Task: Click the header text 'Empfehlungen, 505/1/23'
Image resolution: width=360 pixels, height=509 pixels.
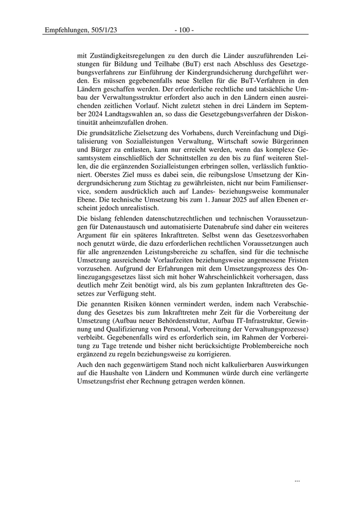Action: pos(81,30)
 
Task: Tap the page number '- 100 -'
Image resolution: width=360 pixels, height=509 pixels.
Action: pos(184,30)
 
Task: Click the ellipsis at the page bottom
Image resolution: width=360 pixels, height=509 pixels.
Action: pos(297,480)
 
